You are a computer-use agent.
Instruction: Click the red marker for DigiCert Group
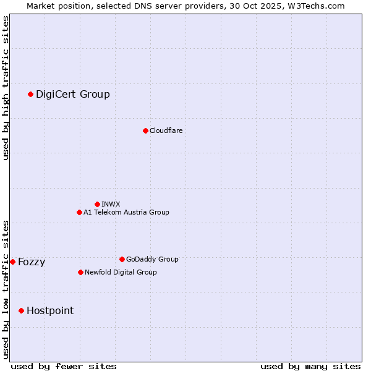(x=30, y=94)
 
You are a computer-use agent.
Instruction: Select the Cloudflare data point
(x=145, y=130)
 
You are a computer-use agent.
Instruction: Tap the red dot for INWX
(x=97, y=204)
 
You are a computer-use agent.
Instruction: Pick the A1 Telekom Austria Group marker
(x=79, y=212)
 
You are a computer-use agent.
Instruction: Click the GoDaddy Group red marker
(x=122, y=259)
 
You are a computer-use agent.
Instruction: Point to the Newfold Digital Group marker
(x=80, y=272)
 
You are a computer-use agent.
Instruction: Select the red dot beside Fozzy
(x=12, y=262)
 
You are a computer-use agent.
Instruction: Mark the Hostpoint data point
(x=21, y=310)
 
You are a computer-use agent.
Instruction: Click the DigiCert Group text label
(x=73, y=94)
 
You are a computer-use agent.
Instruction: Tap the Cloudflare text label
(x=166, y=130)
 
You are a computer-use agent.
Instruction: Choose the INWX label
(x=111, y=204)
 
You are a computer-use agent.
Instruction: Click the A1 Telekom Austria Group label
(x=126, y=212)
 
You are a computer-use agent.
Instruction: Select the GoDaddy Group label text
(x=152, y=259)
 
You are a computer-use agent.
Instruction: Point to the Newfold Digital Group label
(x=121, y=272)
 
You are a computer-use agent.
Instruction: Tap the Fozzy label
(x=32, y=262)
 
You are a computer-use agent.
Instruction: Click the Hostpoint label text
(x=50, y=310)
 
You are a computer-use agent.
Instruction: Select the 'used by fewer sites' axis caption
(x=64, y=366)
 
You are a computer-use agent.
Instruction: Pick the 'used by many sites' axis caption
(x=310, y=366)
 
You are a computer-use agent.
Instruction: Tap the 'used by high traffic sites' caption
(x=6, y=88)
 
